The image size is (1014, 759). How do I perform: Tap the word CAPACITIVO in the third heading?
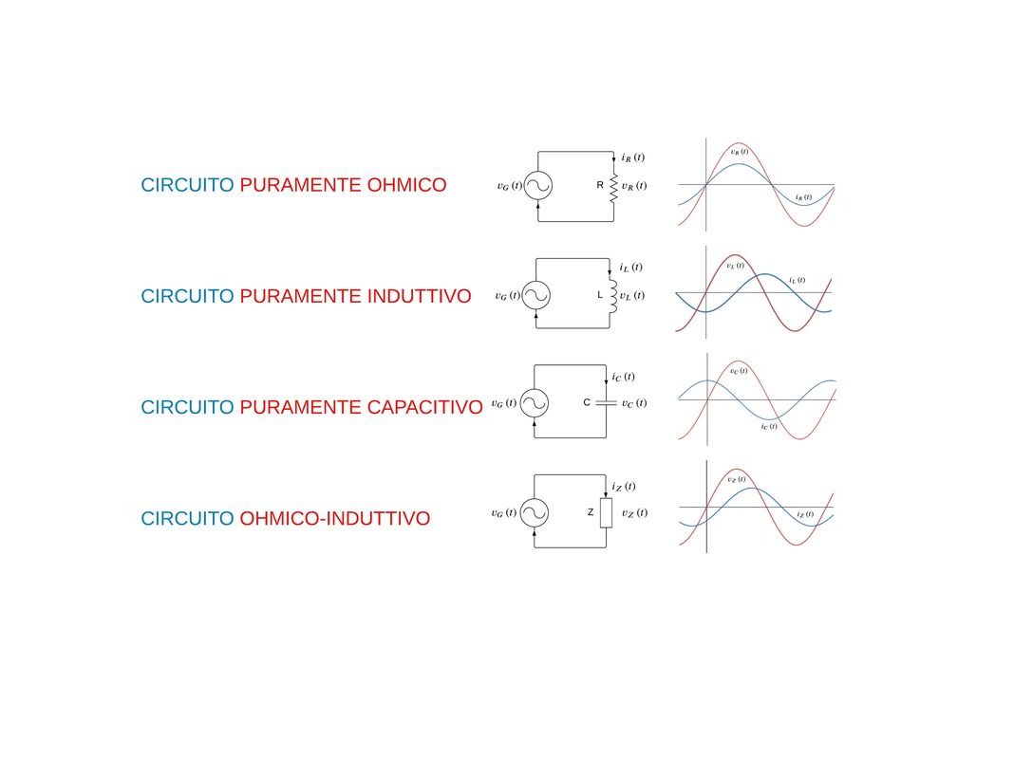pos(423,407)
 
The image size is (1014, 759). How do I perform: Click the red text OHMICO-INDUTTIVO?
pos(334,518)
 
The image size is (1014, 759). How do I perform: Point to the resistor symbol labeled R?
pos(613,186)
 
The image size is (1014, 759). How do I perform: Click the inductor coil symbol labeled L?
pos(613,295)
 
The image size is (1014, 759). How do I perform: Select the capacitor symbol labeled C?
pos(606,403)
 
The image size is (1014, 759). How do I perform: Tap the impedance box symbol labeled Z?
pos(606,513)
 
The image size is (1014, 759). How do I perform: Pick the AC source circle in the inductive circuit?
pos(536,296)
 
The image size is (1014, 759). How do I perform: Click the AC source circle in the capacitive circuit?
pos(534,404)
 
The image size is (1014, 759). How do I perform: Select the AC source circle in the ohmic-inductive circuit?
pos(534,513)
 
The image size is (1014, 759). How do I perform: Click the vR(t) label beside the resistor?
pos(633,186)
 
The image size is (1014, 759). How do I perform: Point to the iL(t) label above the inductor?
pos(630,268)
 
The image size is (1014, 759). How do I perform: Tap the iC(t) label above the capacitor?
pos(624,377)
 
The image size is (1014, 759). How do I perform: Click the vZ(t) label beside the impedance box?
pos(634,513)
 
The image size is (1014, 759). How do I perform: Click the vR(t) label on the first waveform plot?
pos(739,151)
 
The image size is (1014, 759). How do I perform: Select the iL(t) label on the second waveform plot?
pos(797,280)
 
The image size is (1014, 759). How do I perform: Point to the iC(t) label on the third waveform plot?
pos(769,426)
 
